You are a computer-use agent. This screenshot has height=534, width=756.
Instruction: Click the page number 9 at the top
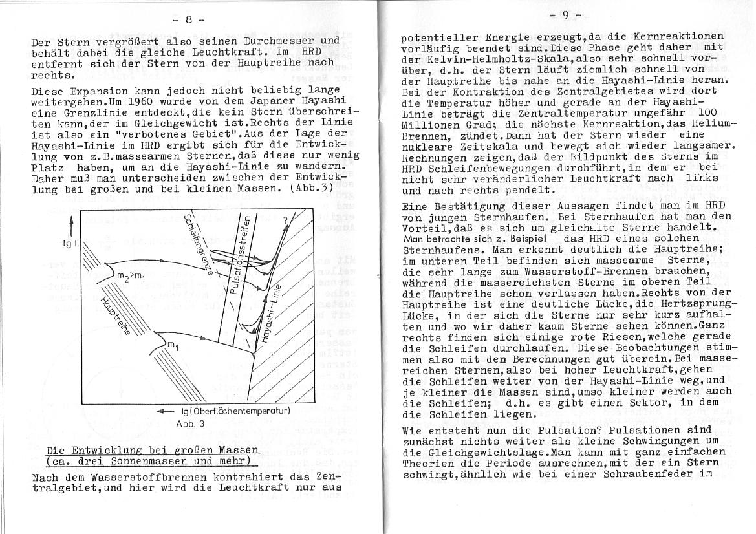click(x=565, y=14)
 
